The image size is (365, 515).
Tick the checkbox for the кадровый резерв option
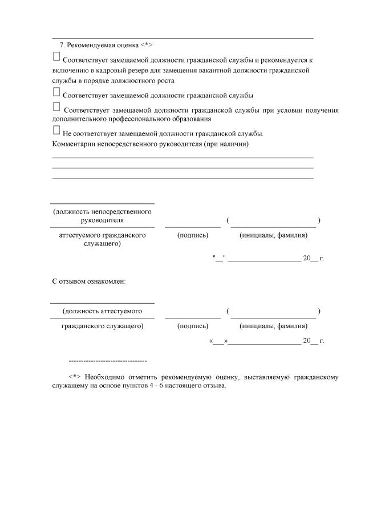point(56,56)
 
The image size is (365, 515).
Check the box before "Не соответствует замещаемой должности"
point(56,130)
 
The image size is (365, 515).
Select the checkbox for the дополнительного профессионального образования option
point(56,107)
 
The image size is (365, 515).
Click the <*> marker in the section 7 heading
point(147,44)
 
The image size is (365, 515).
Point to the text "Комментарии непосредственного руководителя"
point(150,144)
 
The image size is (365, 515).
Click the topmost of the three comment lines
point(182,157)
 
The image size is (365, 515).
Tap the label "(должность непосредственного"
point(102,211)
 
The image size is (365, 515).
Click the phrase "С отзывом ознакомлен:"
point(89,281)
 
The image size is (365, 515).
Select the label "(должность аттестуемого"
point(102,311)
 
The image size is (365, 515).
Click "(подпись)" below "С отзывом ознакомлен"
point(192,326)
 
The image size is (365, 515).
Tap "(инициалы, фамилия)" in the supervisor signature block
point(273,235)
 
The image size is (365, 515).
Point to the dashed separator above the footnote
point(107,361)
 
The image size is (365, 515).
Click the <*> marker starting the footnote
point(75,377)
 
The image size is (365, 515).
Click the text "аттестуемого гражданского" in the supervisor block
point(102,235)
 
